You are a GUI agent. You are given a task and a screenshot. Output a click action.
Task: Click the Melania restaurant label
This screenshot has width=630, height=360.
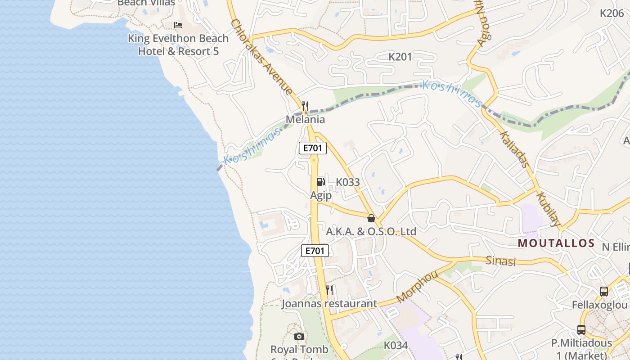[x=306, y=120]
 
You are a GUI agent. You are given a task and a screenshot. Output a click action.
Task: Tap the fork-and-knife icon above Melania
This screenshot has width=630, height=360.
[x=305, y=106]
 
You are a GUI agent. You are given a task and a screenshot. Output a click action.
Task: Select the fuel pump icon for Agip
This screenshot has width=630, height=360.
[x=320, y=181]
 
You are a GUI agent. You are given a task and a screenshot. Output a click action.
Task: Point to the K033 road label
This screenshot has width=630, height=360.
[x=348, y=182]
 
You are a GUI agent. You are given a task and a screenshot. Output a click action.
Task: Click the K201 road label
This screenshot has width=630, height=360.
[x=400, y=57]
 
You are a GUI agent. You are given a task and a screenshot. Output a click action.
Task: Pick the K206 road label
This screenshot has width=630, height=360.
[x=612, y=13]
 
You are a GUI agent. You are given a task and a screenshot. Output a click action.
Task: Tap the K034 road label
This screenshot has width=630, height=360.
[x=396, y=346]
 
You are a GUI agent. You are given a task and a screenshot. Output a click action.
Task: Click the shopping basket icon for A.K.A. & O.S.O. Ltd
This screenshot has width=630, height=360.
[x=371, y=218]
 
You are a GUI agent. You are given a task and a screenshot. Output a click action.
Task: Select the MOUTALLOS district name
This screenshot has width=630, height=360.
[x=556, y=243]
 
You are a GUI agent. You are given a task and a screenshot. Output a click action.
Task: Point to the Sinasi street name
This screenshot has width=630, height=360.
[x=501, y=261]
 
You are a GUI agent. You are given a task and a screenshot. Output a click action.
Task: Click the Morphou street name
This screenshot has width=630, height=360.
[x=417, y=287]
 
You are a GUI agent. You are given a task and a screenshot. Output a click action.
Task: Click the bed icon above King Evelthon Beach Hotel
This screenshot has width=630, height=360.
[x=178, y=25]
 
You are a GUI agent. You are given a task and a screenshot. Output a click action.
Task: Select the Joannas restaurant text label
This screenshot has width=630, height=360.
[x=329, y=304]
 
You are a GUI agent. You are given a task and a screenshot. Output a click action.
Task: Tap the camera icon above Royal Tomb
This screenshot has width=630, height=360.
[x=299, y=336]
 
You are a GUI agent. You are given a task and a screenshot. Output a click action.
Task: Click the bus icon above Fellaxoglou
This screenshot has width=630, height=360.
[x=604, y=292]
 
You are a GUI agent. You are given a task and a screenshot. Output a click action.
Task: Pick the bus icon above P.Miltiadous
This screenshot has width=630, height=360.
[x=581, y=330]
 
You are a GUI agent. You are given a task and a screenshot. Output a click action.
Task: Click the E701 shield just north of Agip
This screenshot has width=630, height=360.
[x=313, y=148]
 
